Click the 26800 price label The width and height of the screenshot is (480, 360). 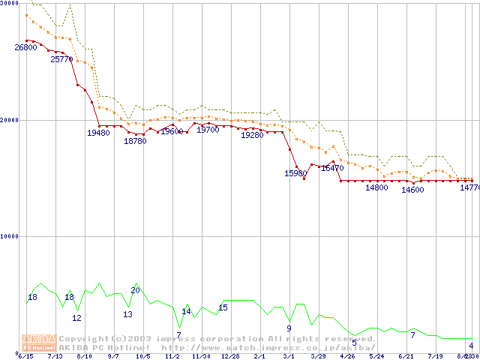[x=25, y=47]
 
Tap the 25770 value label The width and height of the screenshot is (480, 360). [x=61, y=58]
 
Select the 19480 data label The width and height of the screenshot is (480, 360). [x=98, y=133]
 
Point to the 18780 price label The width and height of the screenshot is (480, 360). [x=135, y=141]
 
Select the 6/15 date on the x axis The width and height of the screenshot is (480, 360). [x=25, y=356]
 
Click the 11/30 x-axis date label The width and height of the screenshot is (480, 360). [x=201, y=356]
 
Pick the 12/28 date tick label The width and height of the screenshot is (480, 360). [x=230, y=356]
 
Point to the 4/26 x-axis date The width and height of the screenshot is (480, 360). [x=347, y=356]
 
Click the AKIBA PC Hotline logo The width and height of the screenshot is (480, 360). [x=38, y=343]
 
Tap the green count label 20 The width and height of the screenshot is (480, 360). [x=135, y=290]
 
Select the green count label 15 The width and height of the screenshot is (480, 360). [x=223, y=307]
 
